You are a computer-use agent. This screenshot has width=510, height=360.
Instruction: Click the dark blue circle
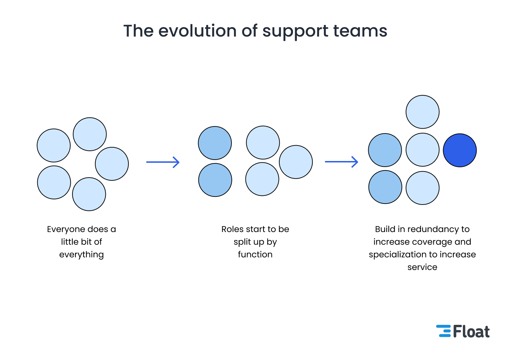click(460, 150)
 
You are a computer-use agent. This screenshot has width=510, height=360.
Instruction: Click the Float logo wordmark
click(471, 332)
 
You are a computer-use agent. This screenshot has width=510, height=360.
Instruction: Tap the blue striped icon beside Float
click(444, 331)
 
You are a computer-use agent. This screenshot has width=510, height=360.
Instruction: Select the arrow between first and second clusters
click(163, 162)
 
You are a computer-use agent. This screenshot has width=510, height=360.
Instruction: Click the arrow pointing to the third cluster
click(341, 162)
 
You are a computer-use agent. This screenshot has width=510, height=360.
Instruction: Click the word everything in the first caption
click(82, 255)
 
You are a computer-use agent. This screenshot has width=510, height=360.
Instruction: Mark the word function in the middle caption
click(255, 255)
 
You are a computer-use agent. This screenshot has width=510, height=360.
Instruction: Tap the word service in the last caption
click(422, 267)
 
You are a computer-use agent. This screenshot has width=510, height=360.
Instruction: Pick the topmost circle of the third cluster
click(422, 112)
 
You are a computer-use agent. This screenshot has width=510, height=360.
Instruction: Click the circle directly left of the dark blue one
click(422, 149)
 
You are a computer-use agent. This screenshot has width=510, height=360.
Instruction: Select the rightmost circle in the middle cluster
click(296, 162)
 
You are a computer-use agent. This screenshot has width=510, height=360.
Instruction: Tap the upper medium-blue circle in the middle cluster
click(215, 143)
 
